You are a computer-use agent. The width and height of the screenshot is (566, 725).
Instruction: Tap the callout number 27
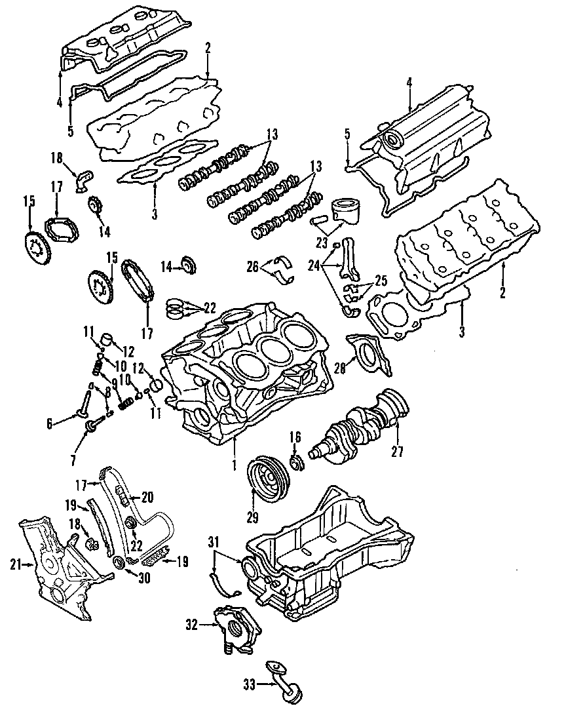tap(398, 451)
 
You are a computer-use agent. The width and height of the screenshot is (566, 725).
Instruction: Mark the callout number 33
tap(249, 686)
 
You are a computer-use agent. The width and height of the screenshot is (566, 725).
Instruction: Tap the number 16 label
tap(295, 437)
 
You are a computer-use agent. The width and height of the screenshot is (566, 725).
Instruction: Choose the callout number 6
tap(49, 424)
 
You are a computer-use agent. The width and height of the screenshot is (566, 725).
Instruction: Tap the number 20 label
tap(146, 497)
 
